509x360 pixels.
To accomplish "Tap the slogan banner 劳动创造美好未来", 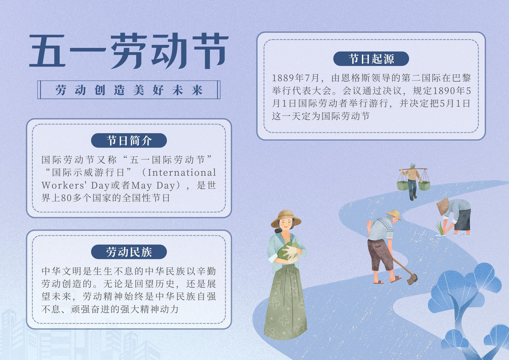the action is coord(129,89).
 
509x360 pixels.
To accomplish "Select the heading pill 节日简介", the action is coord(129,140).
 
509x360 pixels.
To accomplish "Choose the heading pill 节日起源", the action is coord(371,59).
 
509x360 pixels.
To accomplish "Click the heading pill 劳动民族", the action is coord(129,252).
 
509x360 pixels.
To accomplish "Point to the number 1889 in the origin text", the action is coord(283,78).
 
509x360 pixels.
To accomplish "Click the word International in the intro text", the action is coord(182,173).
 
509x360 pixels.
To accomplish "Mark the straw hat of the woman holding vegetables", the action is coord(286,218).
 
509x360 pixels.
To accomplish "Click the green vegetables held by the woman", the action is coord(288,251).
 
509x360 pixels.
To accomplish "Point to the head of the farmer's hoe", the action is coord(412,279).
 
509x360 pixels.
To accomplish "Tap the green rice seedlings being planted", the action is coord(440,228).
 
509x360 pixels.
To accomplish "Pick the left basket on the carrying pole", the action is coord(403,186).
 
